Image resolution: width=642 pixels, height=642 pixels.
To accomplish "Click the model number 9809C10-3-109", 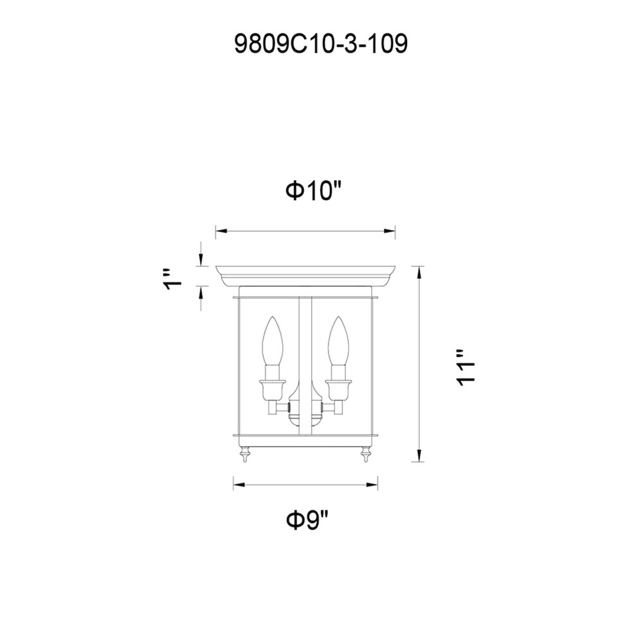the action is tap(321, 44).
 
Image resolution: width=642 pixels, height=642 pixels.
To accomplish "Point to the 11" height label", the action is tap(465, 367).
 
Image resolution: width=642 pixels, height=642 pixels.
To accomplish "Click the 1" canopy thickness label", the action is tap(172, 280).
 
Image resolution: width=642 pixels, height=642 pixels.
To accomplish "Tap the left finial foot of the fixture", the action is tap(245, 455).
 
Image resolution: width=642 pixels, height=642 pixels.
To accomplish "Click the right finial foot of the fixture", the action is tap(365, 455).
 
